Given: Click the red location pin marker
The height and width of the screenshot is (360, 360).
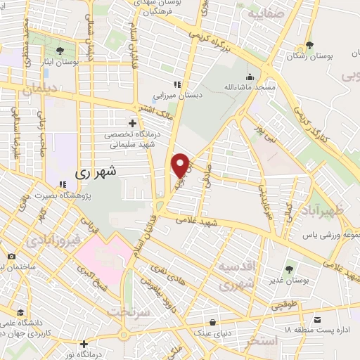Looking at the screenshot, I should (181, 165).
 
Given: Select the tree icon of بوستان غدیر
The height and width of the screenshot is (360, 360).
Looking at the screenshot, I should (289, 269).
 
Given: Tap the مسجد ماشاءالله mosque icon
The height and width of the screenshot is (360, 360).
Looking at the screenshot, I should (249, 77).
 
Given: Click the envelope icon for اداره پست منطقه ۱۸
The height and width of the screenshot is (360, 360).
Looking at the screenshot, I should (318, 319).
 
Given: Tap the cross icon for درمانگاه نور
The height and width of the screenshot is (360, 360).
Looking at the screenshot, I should (84, 344).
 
